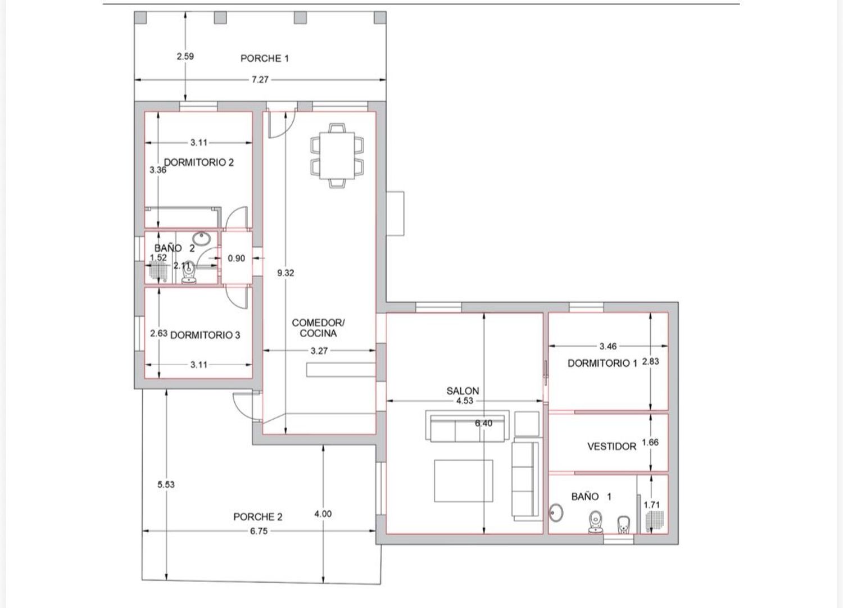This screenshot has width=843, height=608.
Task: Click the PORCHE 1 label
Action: pos(265,58)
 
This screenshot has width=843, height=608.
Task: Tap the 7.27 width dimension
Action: pos(260,80)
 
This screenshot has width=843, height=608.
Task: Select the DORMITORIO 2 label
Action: pos(199,162)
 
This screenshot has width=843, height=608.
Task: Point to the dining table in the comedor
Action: pos(337,156)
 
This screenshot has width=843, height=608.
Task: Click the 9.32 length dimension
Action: pos(285,273)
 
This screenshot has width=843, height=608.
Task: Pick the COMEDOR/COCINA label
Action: pos(319,328)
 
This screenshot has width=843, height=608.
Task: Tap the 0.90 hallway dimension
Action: pos(237,258)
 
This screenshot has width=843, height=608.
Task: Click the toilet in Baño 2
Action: pos(189,273)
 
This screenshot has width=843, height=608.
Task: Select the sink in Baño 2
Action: pos(201,238)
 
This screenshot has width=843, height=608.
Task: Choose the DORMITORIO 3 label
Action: pos(205,335)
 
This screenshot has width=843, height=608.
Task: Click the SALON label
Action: pos(463,391)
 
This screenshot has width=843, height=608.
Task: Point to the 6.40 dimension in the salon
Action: pos(483,423)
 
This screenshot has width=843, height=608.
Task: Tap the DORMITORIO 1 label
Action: pos(602,363)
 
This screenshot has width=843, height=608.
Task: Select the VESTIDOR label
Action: pos(612,446)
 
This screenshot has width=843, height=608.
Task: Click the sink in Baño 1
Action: pos(556,513)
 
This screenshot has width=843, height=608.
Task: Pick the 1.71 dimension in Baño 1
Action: pos(651,505)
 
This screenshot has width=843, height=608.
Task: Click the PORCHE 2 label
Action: pos(258,516)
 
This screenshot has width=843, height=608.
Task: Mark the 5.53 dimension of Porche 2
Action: pos(166,484)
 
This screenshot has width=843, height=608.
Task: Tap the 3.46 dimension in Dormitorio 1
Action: pos(608,346)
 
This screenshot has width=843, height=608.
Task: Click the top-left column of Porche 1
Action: pos(140,17)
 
